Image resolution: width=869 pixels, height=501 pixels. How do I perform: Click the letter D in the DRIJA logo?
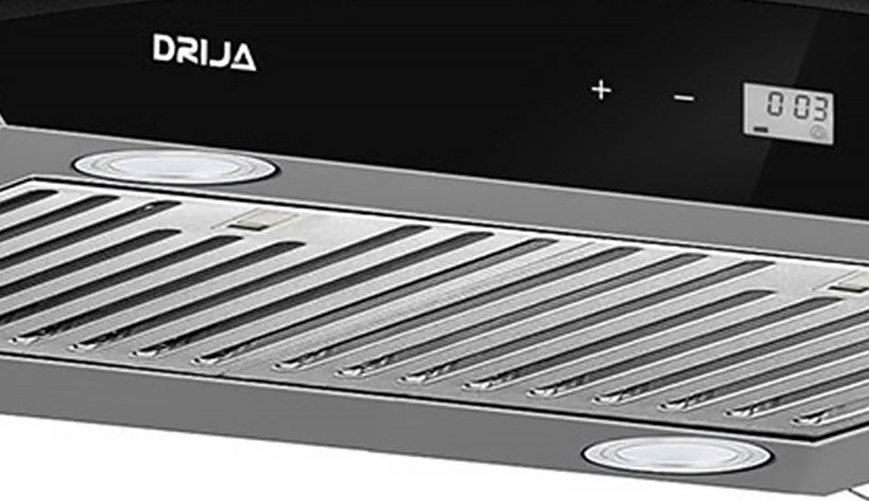164,48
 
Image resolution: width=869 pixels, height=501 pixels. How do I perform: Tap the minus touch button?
684,99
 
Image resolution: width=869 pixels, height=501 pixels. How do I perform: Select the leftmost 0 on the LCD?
775,103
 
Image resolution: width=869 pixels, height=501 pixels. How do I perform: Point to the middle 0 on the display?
801,106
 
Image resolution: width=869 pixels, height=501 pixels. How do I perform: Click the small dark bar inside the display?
761,129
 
